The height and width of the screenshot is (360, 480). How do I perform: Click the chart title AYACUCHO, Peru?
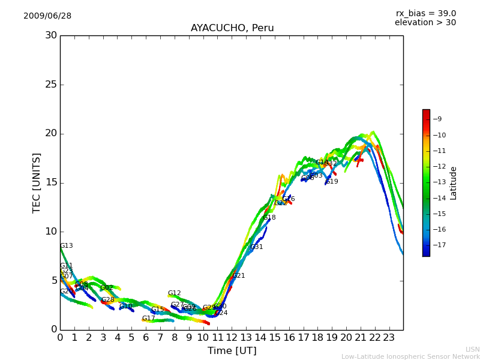point(232,28)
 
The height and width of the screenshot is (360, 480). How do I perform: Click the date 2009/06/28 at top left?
point(47,16)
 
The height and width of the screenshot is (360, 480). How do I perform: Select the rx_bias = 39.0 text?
point(425,13)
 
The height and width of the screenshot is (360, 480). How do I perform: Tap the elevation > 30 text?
point(425,23)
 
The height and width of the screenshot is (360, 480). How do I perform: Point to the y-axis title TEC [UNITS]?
point(37,182)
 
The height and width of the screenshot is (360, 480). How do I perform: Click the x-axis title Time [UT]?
point(232,350)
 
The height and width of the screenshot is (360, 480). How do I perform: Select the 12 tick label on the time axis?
point(232,337)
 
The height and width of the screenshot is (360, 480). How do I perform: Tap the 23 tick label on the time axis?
point(389,337)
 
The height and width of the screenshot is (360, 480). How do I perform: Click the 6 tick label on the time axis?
point(146,337)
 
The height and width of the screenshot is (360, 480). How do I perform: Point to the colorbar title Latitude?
point(454,182)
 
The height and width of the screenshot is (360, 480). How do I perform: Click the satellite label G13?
point(66,246)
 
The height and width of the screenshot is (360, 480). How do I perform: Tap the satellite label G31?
point(256,247)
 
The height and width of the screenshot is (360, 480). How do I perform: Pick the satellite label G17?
point(148,319)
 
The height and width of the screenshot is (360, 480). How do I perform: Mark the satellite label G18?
point(269,218)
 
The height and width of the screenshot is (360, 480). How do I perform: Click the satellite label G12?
point(174,293)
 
